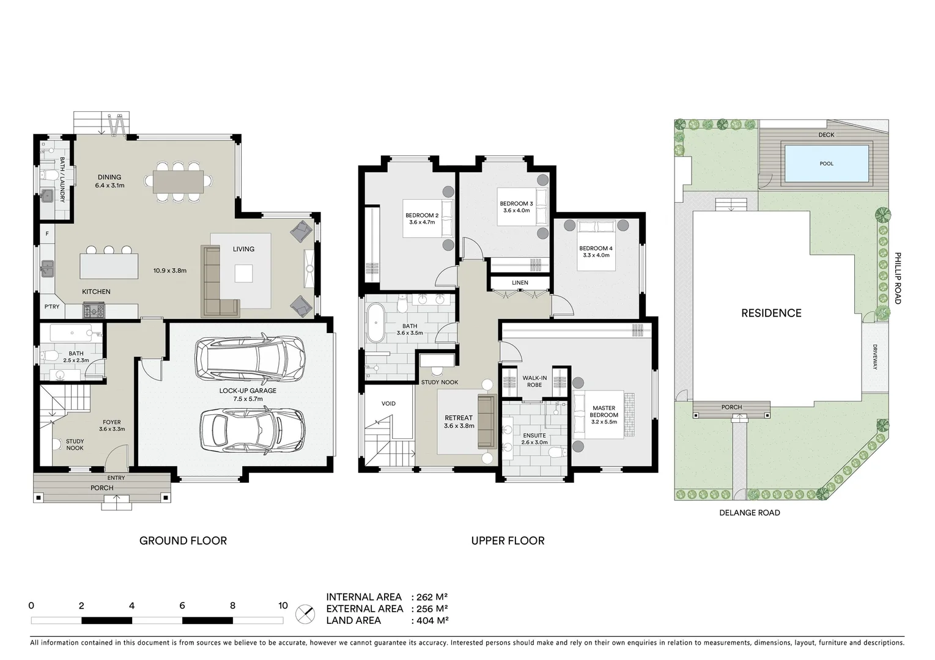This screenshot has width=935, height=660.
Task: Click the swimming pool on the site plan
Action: (x=826, y=163)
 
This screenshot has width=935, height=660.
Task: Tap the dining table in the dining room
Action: (x=179, y=181)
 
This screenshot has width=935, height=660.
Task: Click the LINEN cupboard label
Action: (x=520, y=283)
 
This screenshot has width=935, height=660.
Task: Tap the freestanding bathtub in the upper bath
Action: (x=374, y=324)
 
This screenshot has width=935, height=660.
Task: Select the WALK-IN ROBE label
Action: (x=534, y=381)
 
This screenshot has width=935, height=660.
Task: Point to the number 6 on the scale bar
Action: (x=182, y=606)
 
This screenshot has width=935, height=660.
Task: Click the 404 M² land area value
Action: (x=432, y=620)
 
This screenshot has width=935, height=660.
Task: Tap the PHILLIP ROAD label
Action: (x=898, y=278)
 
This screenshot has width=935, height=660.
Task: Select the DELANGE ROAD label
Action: (x=749, y=513)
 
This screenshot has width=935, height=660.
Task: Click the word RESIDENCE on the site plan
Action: (x=771, y=313)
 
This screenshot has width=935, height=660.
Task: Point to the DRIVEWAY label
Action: (x=875, y=357)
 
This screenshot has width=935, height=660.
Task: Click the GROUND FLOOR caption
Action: (x=183, y=540)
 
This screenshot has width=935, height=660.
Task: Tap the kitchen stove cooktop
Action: (x=94, y=311)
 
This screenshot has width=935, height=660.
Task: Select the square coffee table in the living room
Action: (x=243, y=273)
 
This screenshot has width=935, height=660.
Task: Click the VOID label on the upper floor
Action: (x=388, y=403)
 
